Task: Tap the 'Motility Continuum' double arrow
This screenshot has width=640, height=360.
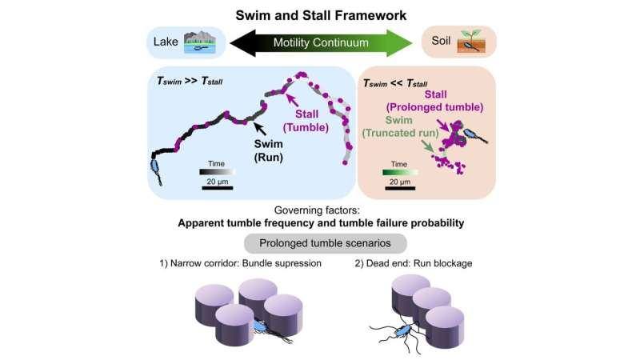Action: point(320,42)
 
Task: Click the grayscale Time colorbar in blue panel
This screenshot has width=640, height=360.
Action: point(217,170)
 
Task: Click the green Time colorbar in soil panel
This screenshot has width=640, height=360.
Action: point(402,170)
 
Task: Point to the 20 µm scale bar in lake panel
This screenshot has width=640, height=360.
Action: point(217,189)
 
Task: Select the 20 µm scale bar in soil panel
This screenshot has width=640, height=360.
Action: point(402,189)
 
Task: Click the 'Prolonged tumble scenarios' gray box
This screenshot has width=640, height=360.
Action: point(320,242)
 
